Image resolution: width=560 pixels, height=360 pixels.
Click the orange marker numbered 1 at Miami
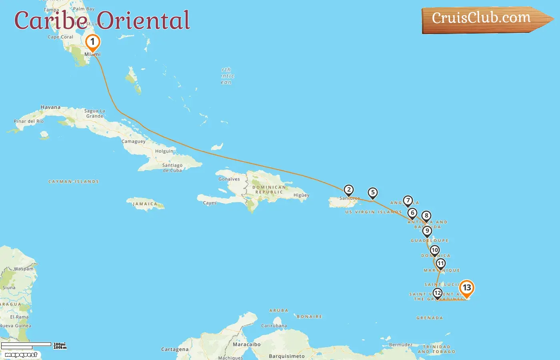click(x=92, y=42)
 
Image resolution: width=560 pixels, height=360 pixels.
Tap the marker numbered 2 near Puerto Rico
click(x=349, y=190)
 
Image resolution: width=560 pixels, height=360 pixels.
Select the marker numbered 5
click(x=373, y=193)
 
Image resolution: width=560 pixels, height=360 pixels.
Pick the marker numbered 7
click(x=408, y=200)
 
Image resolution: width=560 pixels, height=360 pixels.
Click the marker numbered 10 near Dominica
click(x=434, y=250)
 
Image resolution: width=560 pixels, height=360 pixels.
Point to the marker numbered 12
click(x=438, y=293)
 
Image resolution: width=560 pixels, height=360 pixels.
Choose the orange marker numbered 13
click(x=466, y=288)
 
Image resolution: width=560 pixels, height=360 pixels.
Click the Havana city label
click(x=50, y=107)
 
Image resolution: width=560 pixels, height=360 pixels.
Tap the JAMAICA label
click(x=145, y=204)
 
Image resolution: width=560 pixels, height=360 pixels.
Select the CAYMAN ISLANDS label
click(x=74, y=182)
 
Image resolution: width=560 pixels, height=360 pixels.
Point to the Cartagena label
click(x=175, y=349)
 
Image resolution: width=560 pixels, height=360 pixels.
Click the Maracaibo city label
click(x=246, y=344)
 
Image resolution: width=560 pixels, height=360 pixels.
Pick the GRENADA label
click(x=430, y=318)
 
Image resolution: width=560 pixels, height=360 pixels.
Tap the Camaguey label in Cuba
click(x=134, y=142)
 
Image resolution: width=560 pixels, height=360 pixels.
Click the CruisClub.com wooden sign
click(x=482, y=18)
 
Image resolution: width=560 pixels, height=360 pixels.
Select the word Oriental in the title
click(x=143, y=20)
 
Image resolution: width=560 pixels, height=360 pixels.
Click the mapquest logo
click(x=21, y=355)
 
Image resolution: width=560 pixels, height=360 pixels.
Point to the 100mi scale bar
click(x=26, y=344)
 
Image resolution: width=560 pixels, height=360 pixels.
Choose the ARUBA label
click(x=278, y=310)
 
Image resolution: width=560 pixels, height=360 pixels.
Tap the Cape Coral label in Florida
click(x=60, y=37)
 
